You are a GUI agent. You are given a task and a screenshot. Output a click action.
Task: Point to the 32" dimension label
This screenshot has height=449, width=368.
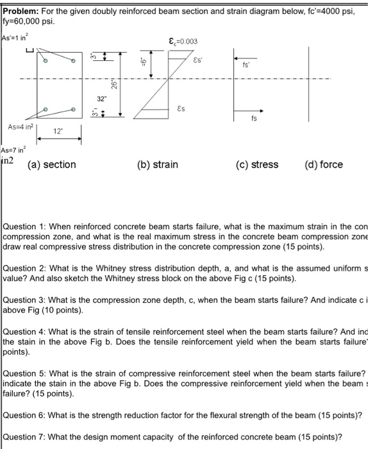click(x=101, y=100)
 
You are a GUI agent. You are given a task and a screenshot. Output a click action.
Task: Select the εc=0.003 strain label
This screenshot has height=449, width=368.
click(x=183, y=42)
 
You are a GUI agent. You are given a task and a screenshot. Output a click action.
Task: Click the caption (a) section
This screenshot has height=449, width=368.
click(x=51, y=165)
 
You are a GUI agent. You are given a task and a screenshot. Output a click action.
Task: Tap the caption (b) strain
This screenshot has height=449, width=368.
click(x=158, y=165)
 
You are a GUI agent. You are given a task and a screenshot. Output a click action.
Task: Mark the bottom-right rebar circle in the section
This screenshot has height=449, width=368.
click(x=73, y=110)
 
